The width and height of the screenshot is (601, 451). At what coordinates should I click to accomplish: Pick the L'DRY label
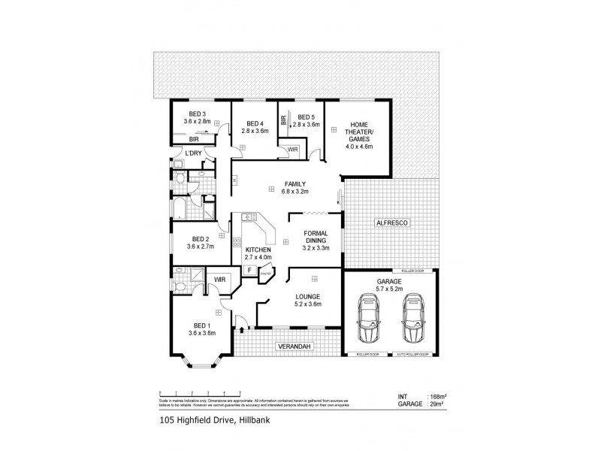(x=193, y=153)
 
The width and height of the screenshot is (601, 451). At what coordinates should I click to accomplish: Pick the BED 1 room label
(x=201, y=328)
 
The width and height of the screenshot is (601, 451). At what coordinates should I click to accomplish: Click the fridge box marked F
(x=248, y=270)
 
